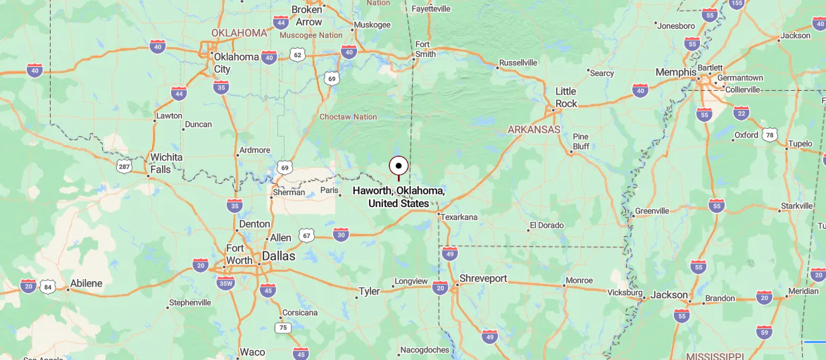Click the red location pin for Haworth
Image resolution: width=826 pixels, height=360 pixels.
pos(399,166)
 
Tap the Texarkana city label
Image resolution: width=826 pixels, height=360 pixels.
pos(460,217)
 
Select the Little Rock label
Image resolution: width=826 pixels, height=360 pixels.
pos(566,97)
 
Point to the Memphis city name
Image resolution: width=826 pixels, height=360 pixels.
pos(675,72)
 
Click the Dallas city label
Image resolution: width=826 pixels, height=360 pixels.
pos(278,256)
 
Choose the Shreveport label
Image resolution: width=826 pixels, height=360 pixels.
pos(483,278)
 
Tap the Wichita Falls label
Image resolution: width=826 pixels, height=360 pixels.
pos(166,163)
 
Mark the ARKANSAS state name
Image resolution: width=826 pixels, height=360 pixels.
pos(534,130)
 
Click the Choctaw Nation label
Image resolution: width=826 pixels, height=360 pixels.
pos(348,117)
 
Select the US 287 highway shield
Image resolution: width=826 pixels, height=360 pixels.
pos(124,166)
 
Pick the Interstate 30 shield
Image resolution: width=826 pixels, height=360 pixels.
pos(341,235)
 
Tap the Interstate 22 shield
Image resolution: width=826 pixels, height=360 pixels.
pos(741,113)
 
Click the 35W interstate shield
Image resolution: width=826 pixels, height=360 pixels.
pos(226,283)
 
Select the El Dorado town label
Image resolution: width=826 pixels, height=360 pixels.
pos(547,225)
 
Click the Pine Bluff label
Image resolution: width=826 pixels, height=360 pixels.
pos(580,142)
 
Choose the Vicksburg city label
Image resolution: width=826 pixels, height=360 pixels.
pos(625,292)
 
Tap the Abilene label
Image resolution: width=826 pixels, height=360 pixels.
pos(85,283)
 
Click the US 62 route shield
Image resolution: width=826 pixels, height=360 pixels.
pos(297,54)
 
